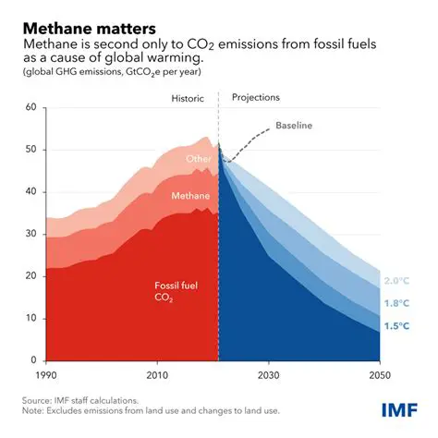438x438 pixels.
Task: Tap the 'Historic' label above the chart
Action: pos(189,97)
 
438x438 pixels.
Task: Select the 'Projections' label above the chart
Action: pos(256,97)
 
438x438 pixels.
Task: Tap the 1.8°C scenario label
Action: pos(395,304)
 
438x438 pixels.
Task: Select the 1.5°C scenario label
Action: pos(395,326)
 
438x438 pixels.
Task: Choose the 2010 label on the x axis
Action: pos(156,376)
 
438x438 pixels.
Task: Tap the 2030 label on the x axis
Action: pos(268,376)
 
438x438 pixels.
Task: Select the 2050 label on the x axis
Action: pos(378,376)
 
